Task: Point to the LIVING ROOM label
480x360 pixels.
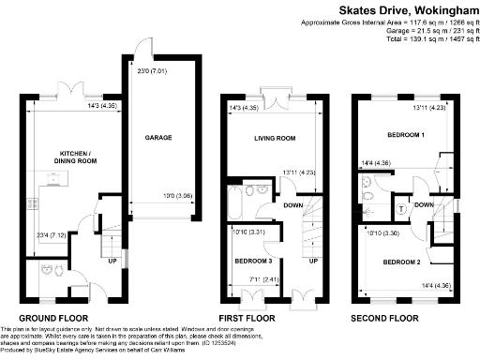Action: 275,139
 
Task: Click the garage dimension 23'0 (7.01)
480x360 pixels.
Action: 151,69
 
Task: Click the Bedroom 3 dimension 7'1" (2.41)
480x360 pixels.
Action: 249,277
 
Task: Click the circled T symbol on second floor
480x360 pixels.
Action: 402,207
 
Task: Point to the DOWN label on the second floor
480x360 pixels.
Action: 424,204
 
